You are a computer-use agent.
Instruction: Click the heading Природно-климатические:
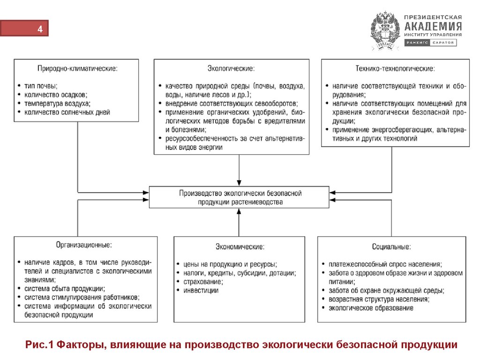click(77, 68)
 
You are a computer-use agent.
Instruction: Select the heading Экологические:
click(231, 68)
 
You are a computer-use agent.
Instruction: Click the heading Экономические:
click(240, 246)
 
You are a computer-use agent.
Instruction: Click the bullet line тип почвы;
click(40, 86)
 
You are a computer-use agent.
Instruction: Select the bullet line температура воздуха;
click(57, 103)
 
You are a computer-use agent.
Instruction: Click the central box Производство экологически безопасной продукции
click(240, 197)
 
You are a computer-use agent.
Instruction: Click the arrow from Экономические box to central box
click(239, 223)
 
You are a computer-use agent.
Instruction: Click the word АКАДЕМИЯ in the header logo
click(433, 26)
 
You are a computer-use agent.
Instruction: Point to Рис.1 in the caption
click(39, 345)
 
